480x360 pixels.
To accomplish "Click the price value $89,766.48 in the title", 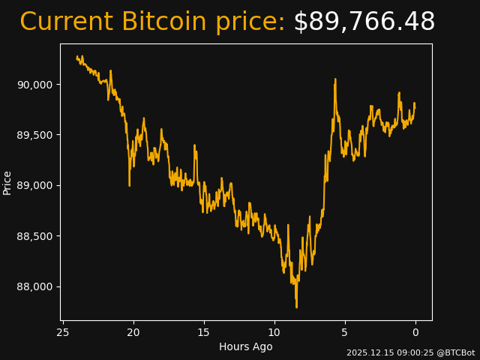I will (364, 22).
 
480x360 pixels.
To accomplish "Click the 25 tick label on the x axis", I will (63, 332).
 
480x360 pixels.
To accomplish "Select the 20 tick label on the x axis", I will (133, 332).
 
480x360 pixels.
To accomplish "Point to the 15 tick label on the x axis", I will (204, 332).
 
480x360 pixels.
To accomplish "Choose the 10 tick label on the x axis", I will (274, 332).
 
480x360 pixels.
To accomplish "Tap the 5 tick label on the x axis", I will (345, 332).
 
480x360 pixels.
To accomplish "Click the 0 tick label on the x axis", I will (415, 332).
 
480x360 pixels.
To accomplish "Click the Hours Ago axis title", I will (246, 346).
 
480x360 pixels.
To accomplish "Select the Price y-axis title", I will (7, 182).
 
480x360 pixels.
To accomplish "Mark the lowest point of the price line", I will (296, 307).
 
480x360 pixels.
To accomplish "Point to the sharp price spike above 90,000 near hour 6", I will (335, 79).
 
